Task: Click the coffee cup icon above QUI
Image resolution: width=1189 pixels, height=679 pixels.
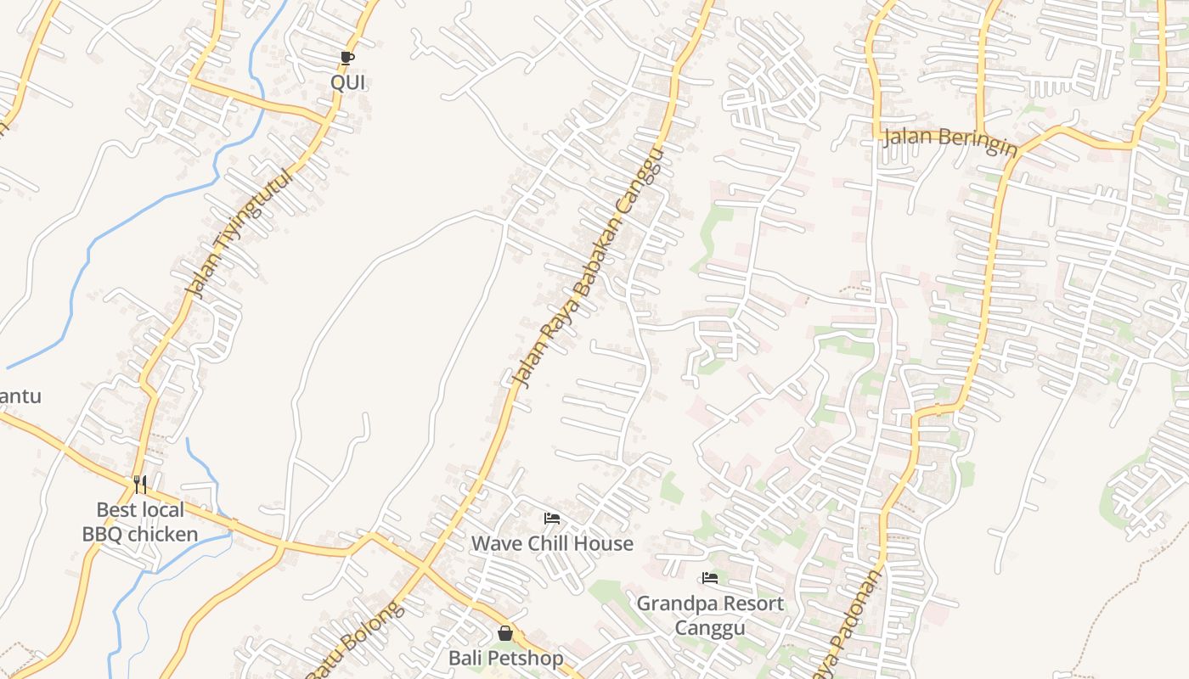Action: (x=347, y=58)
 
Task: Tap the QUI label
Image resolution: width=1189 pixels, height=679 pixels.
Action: (x=347, y=82)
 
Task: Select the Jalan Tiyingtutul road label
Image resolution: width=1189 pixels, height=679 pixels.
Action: (x=239, y=232)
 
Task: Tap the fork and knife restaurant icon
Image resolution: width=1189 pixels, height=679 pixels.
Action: (x=140, y=485)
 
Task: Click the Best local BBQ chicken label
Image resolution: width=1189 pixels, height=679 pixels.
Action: (x=140, y=522)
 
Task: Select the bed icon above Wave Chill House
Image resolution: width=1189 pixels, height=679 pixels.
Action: (x=552, y=518)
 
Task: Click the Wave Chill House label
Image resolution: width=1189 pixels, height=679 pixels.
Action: (x=552, y=543)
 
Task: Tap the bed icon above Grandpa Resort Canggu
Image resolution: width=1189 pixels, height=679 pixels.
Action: (x=710, y=579)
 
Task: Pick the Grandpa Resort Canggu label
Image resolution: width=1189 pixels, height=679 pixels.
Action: (x=710, y=615)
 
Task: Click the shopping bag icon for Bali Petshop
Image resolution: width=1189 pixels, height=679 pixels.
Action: (x=505, y=633)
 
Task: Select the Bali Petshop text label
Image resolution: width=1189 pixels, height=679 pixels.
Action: (x=505, y=658)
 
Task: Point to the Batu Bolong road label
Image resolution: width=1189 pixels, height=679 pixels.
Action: (x=352, y=640)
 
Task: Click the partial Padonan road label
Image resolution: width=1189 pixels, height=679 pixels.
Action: (x=853, y=624)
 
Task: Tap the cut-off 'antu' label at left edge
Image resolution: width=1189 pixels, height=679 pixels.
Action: (x=20, y=396)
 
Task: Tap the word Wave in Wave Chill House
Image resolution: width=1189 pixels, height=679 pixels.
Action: (x=493, y=543)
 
